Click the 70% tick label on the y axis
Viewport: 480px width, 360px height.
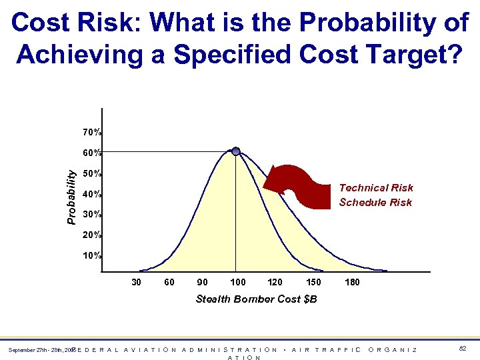pos(92,132)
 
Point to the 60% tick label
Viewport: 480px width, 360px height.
pos(92,153)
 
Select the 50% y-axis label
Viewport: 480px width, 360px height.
pos(92,174)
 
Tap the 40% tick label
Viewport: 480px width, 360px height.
pos(92,195)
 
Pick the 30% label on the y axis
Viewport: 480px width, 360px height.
pos(92,215)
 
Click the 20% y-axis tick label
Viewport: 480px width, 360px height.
pos(92,235)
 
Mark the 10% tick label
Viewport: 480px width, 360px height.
pos(92,256)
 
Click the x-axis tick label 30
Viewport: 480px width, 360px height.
pos(136,282)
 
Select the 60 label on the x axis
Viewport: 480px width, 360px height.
pos(169,282)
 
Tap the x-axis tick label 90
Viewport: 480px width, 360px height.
pos(202,282)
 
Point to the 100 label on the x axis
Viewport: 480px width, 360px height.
pos(237,282)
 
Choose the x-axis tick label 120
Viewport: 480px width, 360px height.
pos(274,282)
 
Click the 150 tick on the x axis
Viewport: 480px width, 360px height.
pos(313,282)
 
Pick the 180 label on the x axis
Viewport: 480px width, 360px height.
pos(352,282)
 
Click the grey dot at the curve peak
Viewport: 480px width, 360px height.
pos(236,151)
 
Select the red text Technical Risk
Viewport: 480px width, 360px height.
pos(376,188)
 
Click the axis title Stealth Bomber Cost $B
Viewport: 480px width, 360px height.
pos(256,299)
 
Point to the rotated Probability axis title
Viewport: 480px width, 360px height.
pos(71,195)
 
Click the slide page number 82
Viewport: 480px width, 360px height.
pos(463,349)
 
